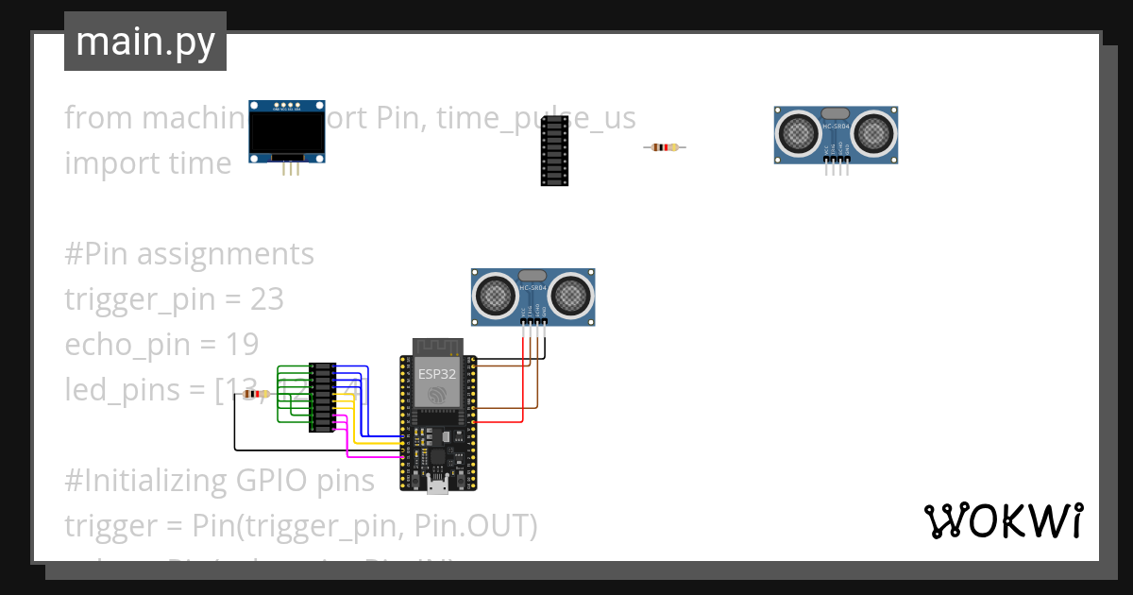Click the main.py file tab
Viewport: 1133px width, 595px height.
point(144,42)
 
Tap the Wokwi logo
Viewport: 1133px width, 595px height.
point(1002,520)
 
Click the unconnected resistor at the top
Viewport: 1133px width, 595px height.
point(665,146)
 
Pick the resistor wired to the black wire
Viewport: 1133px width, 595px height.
point(254,394)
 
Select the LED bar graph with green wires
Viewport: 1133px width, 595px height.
point(324,398)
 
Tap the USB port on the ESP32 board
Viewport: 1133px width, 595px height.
point(437,486)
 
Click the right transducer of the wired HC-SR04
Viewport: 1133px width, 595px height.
point(569,297)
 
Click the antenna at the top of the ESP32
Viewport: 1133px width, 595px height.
point(435,346)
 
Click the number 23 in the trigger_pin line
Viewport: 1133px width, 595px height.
point(267,299)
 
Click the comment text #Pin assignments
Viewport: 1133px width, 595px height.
point(189,254)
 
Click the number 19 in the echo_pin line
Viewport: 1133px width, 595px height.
point(242,344)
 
